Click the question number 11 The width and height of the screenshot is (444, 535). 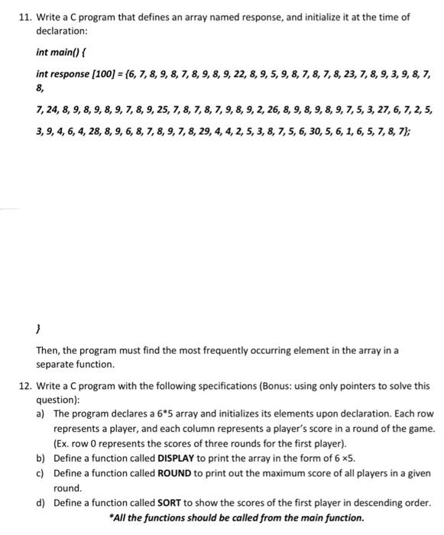pyautogui.click(x=24, y=18)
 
